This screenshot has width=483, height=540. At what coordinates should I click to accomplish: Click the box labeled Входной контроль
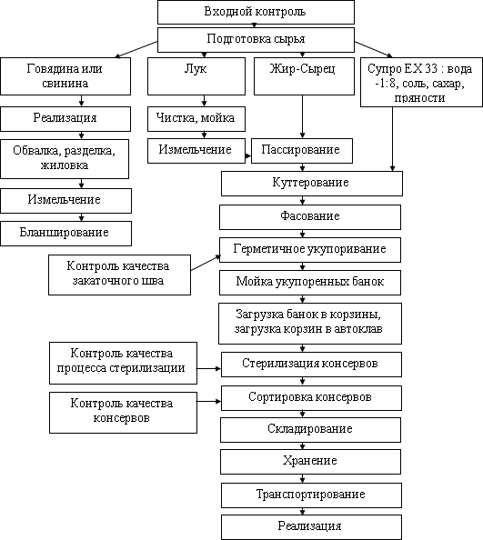(x=256, y=12)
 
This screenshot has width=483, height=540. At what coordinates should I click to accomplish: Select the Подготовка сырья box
(x=256, y=40)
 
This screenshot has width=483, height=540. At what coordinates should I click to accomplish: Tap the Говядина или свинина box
(x=65, y=76)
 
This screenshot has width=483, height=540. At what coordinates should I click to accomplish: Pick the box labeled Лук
(x=196, y=76)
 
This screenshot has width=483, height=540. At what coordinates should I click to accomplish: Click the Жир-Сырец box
(x=304, y=76)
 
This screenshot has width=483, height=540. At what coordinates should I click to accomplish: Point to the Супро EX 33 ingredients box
(x=421, y=82)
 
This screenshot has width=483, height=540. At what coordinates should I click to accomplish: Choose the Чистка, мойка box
(x=196, y=119)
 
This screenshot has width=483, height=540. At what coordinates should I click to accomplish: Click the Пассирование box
(x=302, y=151)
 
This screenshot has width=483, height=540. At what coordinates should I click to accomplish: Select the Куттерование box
(x=312, y=184)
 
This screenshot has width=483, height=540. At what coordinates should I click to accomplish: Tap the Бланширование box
(x=65, y=233)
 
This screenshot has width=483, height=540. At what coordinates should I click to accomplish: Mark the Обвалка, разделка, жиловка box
(x=65, y=159)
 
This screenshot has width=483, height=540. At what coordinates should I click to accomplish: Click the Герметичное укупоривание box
(x=310, y=250)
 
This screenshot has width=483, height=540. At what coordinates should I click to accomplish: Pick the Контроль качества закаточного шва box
(x=119, y=275)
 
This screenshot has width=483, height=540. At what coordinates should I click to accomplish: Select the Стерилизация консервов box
(x=311, y=364)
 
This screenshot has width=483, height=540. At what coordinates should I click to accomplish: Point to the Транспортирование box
(x=311, y=495)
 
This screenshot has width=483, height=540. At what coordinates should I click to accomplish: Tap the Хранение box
(x=310, y=462)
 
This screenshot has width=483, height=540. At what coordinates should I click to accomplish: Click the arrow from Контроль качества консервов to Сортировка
(x=209, y=401)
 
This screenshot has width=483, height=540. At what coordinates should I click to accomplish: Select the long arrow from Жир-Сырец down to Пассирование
(x=303, y=116)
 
